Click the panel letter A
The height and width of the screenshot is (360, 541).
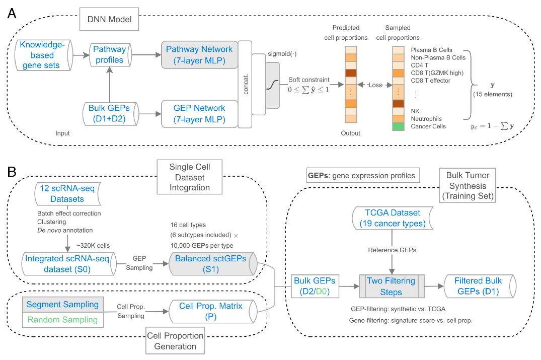(x=12, y=13)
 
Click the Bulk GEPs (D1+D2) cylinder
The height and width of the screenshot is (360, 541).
(x=110, y=114)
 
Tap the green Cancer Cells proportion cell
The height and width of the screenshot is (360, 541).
(x=398, y=126)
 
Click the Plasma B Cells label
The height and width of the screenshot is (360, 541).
(x=431, y=50)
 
